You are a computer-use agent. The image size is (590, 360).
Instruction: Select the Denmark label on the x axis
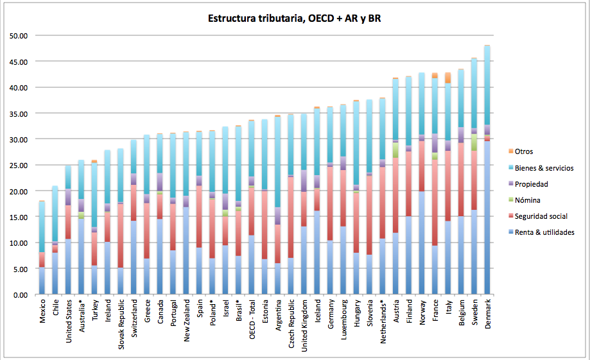(487, 314)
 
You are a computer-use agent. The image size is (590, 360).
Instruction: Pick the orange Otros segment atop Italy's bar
(448, 78)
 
